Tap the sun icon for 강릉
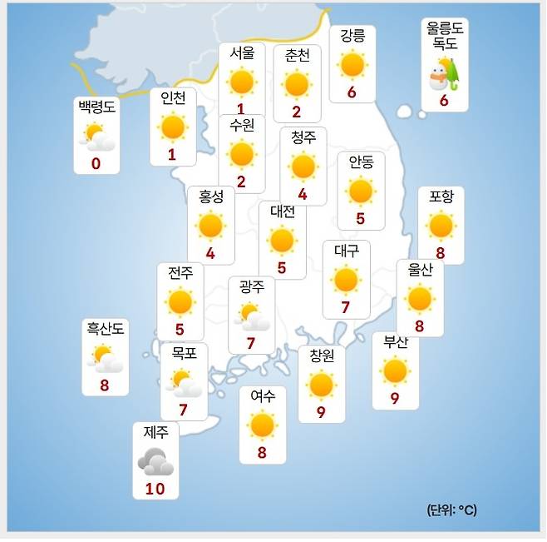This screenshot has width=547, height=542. tap(352, 64)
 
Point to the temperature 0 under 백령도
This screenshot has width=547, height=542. tap(96, 163)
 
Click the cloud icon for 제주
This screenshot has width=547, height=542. tap(155, 461)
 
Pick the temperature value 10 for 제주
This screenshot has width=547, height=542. tap(155, 489)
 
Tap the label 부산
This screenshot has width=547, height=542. tap(396, 341)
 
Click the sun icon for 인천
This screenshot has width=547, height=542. tap(173, 127)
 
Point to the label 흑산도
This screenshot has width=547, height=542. tap(105, 329)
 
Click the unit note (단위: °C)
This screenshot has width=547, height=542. tap(452, 510)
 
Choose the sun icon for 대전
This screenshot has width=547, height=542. tap(283, 241)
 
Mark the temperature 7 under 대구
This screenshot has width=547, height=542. tap(345, 307)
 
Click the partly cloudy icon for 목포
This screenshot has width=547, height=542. tap(184, 383)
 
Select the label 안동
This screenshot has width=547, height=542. tap(361, 162)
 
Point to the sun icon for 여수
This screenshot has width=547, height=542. tap(262, 425)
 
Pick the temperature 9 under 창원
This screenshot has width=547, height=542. tap(321, 412)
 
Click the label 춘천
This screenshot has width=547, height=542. tap(297, 56)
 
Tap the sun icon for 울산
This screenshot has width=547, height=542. tap(420, 298)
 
